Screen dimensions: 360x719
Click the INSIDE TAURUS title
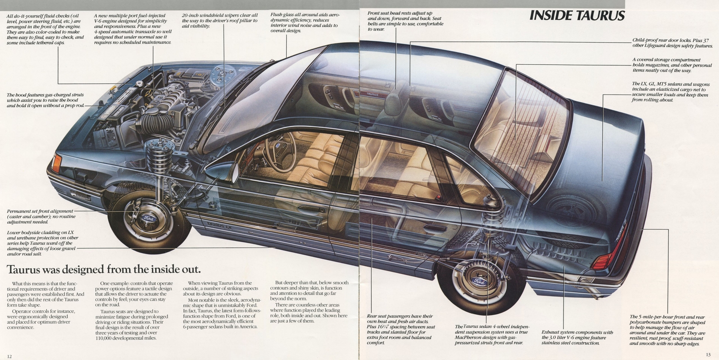coord(577,16)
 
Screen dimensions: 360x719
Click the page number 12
coord(9,356)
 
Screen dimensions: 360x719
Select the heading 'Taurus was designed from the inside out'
coord(103,269)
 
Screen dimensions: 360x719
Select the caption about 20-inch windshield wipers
coord(219,21)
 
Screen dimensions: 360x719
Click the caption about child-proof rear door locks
coord(672,43)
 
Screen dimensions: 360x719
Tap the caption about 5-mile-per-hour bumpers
coord(667,330)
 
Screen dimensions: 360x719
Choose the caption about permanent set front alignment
coord(40,216)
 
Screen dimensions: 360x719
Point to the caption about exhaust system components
coord(577,338)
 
